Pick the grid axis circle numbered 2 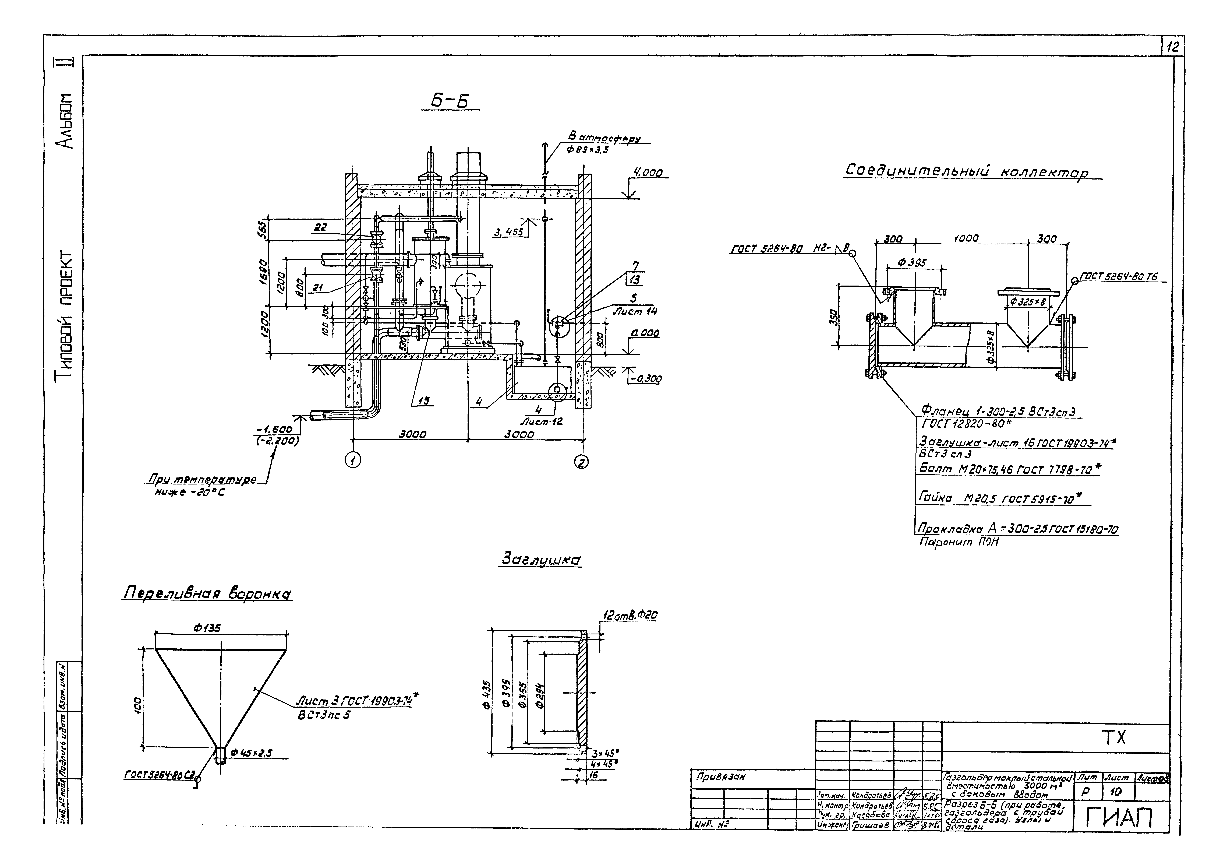pos(582,461)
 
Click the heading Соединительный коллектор pos(966,173)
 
